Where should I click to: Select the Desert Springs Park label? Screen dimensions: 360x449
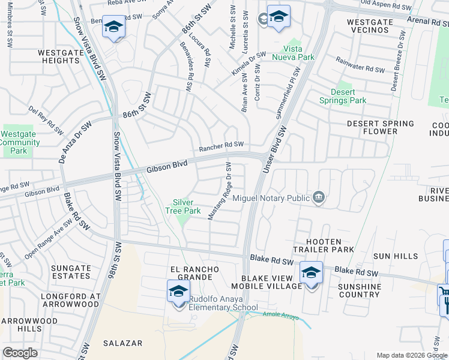342,96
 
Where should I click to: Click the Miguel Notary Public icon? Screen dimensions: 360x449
319,197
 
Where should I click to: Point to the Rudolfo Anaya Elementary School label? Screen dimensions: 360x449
232,303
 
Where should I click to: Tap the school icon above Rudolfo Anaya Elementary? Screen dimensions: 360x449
178,291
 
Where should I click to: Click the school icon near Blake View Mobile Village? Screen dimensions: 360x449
310,272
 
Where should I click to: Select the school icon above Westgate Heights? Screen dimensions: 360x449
113,26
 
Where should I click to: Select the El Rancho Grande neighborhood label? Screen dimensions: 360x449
191,273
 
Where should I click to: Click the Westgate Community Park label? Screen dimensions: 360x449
20,143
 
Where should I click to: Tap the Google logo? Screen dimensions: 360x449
20,353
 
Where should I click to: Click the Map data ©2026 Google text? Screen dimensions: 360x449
412,355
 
